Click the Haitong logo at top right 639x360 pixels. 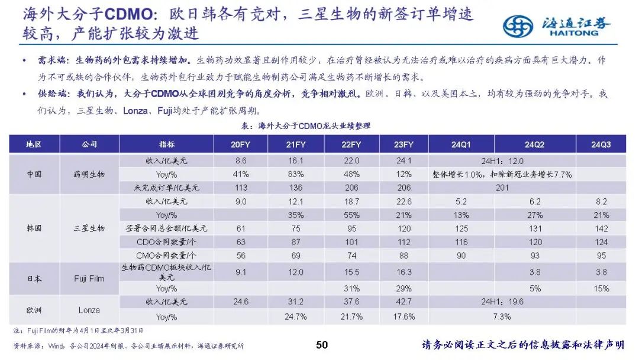[x=556, y=25]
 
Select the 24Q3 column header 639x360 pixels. [x=601, y=144]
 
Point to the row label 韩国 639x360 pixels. [x=34, y=229]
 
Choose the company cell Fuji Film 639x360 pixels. [x=89, y=279]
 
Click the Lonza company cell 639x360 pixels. [x=89, y=310]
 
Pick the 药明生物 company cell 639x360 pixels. [x=89, y=174]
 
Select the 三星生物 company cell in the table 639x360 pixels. [x=89, y=229]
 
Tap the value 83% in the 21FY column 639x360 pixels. [x=295, y=175]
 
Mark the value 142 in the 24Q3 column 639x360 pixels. [x=601, y=229]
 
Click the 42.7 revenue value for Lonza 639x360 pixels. [x=403, y=302]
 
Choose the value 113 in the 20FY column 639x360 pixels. [x=240, y=188]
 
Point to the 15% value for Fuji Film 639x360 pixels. [x=601, y=289]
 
